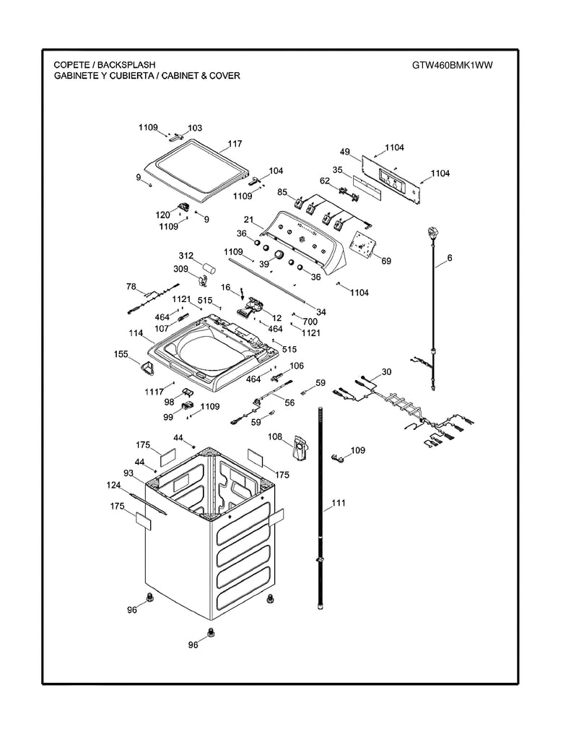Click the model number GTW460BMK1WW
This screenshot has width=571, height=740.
pos(453,65)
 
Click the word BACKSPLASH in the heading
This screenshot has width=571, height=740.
pos(126,65)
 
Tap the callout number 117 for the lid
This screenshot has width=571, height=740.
pos(235,144)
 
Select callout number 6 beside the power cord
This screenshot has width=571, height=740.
pos(449,258)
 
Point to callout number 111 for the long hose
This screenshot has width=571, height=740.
pos(339,504)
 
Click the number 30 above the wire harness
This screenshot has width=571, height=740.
pos(386,372)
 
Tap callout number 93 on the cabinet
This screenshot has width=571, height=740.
pos(128,473)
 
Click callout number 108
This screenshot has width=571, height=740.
pos(274,436)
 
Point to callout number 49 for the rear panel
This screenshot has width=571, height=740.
pos(345,152)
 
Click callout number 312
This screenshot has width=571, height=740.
pos(186,256)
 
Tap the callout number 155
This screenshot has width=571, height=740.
pos(121,355)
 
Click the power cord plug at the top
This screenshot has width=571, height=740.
pos(435,233)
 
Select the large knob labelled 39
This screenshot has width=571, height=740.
pos(276,254)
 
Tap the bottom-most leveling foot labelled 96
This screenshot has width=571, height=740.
pos(212,634)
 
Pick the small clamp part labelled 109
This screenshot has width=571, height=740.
pos(337,457)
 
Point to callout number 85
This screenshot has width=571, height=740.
pos(282,192)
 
